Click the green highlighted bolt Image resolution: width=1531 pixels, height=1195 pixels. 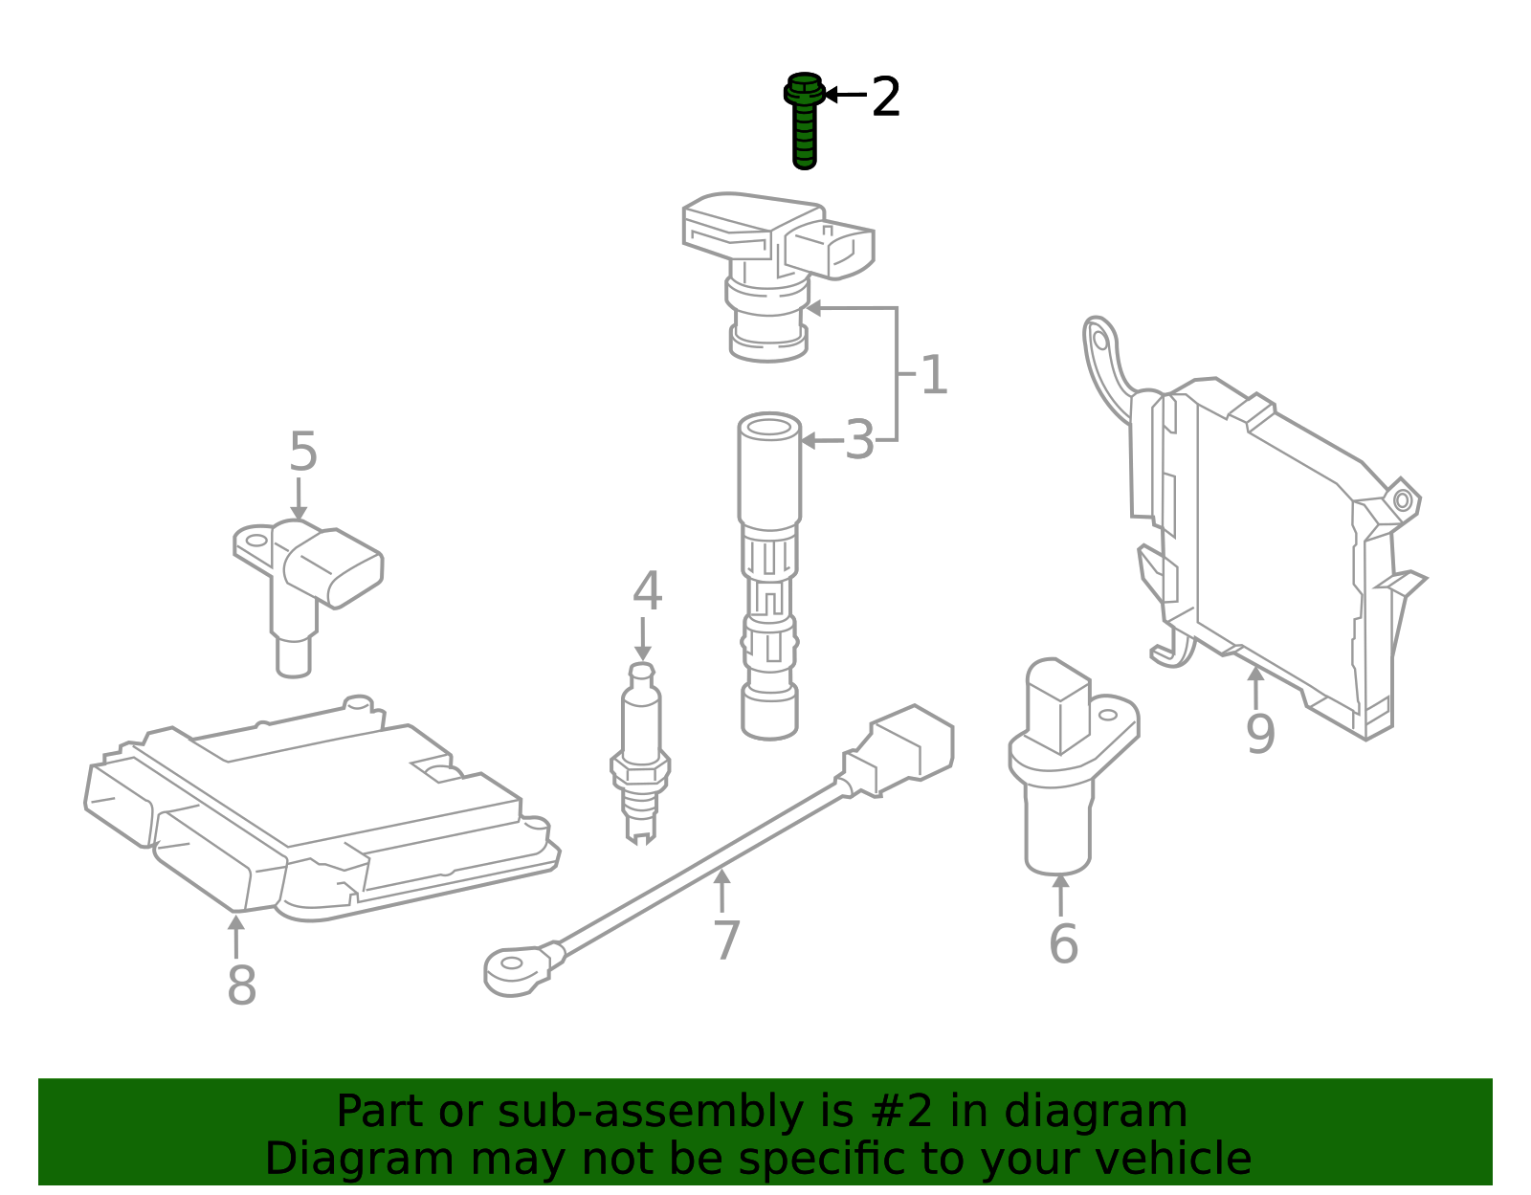click(x=805, y=122)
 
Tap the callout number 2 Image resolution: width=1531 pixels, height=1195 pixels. click(x=885, y=98)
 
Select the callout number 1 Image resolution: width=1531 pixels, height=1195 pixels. click(x=933, y=375)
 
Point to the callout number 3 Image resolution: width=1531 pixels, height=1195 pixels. click(x=859, y=441)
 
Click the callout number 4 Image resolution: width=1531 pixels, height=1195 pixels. click(x=647, y=591)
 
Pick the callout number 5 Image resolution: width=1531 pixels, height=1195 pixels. click(x=302, y=452)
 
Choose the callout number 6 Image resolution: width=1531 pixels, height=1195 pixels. click(x=1063, y=944)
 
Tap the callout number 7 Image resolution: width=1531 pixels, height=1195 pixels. click(x=727, y=941)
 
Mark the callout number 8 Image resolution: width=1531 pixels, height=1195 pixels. click(x=241, y=985)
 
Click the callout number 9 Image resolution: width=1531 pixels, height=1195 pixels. click(x=1260, y=734)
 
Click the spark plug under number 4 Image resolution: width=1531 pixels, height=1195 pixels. click(x=640, y=756)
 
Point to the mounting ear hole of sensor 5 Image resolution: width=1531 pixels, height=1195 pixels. click(x=257, y=540)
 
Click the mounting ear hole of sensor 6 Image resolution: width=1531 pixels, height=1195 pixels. click(x=1107, y=714)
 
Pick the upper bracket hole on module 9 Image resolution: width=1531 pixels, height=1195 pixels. click(x=1100, y=340)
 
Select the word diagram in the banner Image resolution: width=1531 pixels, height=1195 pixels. click(x=1116, y=1112)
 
